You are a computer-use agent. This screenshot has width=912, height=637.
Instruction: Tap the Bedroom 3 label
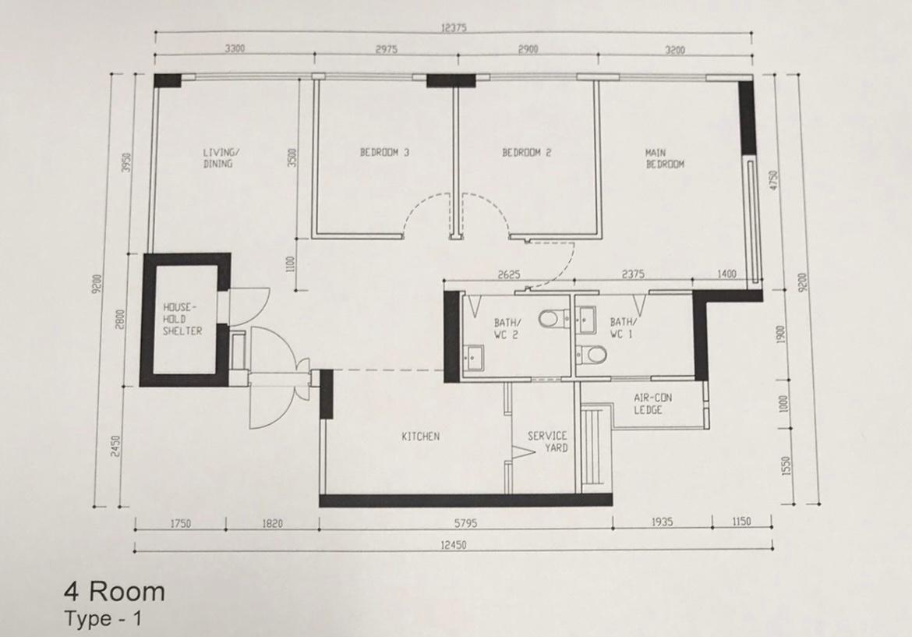click(x=384, y=152)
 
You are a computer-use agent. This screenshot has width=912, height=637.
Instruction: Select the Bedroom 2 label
click(x=526, y=153)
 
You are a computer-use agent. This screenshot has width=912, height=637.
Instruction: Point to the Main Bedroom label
click(x=664, y=159)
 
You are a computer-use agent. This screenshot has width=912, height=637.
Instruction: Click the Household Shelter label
click(x=182, y=319)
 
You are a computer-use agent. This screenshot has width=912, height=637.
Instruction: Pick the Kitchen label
click(x=420, y=437)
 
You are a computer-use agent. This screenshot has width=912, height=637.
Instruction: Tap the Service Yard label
click(x=547, y=441)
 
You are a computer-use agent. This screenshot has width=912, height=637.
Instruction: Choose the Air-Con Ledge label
click(x=652, y=404)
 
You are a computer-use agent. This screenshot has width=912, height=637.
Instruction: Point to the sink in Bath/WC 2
click(x=475, y=357)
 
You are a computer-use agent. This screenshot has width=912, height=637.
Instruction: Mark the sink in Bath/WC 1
click(x=585, y=320)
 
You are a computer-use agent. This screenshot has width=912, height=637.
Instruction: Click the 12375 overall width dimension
click(x=454, y=28)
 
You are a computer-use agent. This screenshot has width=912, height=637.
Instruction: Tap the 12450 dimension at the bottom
click(x=453, y=545)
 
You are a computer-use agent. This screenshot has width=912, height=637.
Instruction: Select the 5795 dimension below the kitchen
click(x=465, y=523)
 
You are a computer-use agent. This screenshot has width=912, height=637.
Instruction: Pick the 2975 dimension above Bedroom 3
click(x=386, y=49)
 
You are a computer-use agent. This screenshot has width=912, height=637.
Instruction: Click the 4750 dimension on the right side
click(x=773, y=180)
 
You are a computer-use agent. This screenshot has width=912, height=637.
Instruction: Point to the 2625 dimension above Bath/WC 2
click(x=509, y=274)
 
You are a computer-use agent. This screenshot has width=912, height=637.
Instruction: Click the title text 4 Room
click(x=115, y=593)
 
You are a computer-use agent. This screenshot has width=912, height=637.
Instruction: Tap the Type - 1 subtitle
click(x=103, y=618)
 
